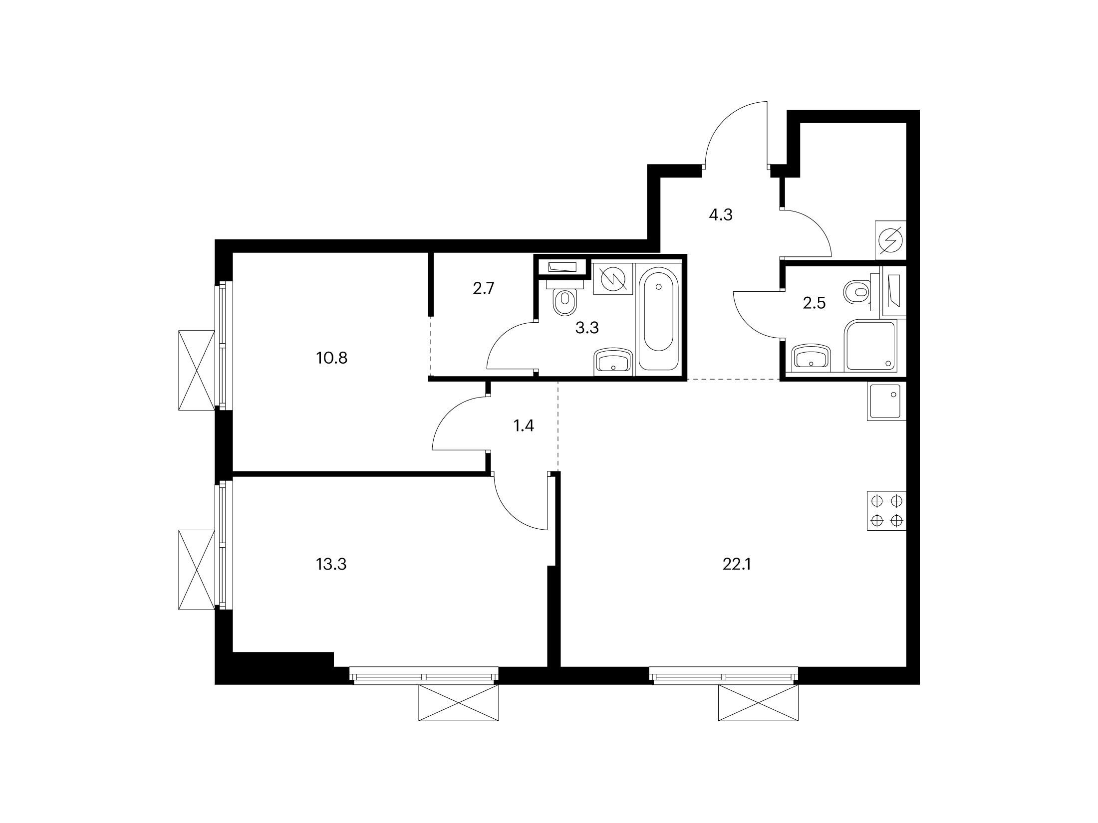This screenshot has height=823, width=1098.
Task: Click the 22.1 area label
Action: click(736, 565)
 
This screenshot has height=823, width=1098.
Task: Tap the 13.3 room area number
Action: click(331, 565)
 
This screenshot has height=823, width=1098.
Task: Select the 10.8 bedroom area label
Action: click(331, 358)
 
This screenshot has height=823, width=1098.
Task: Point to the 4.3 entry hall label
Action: click(721, 215)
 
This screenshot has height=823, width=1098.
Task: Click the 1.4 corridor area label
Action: click(524, 426)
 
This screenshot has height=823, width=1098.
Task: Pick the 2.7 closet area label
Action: click(484, 288)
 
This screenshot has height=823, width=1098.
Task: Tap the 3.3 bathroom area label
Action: click(587, 328)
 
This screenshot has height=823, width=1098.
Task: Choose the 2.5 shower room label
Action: click(814, 303)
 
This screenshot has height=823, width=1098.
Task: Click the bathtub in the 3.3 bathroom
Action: click(659, 319)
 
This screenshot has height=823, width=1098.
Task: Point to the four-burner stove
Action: click(886, 511)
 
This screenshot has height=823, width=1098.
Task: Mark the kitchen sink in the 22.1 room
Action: click(886, 402)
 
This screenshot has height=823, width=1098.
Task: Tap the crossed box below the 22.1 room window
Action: click(758, 703)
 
